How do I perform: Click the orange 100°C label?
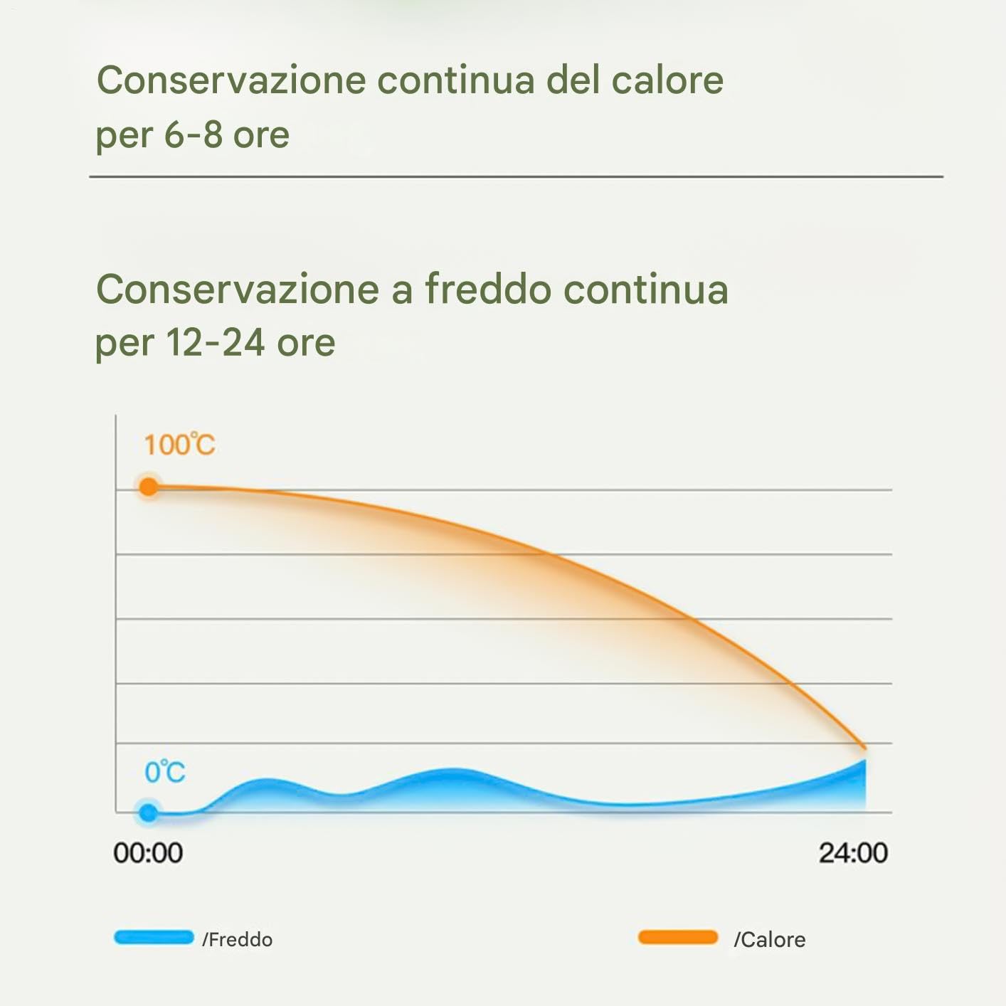(179, 444)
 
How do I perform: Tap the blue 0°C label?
(165, 771)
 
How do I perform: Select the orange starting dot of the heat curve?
(149, 487)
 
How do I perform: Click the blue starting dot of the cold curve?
(148, 812)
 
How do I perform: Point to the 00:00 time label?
(148, 852)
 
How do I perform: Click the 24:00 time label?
(853, 852)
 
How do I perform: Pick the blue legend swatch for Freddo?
(154, 936)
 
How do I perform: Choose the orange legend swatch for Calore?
(678, 936)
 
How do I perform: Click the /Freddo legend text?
(238, 939)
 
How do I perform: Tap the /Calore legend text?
(770, 939)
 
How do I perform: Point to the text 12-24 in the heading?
(215, 342)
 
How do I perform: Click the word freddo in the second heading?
(488, 288)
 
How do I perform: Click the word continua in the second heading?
(646, 289)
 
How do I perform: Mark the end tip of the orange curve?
(865, 748)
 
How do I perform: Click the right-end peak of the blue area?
(865, 760)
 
